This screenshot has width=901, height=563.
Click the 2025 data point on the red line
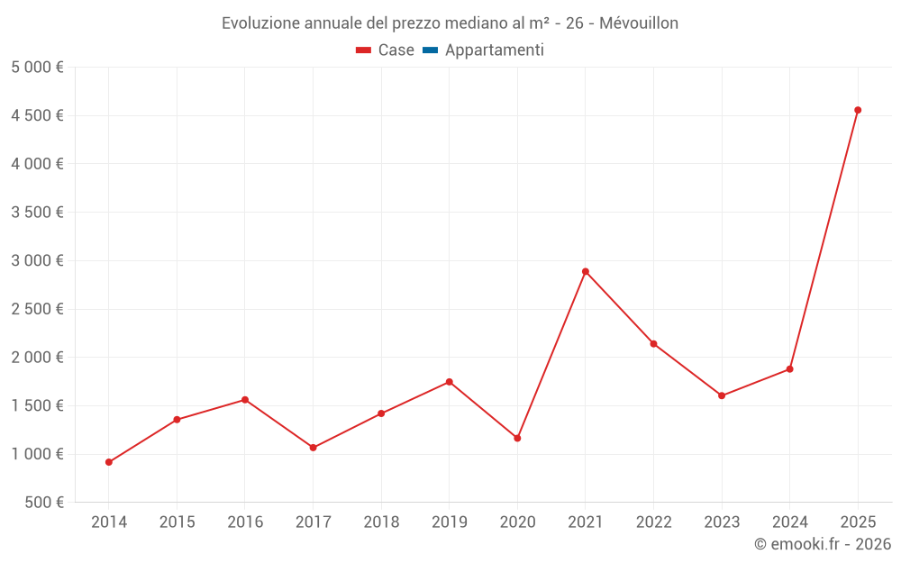(x=858, y=110)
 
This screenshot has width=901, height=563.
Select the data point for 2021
(x=586, y=271)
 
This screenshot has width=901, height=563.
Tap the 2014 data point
(x=109, y=462)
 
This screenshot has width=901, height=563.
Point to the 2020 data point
(x=517, y=438)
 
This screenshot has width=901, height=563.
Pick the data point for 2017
(x=313, y=448)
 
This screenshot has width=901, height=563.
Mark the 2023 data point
(x=722, y=395)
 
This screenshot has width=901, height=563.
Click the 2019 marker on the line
(x=449, y=382)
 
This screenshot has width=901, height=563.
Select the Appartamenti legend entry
(x=494, y=50)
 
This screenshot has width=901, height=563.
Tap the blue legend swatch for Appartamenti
(x=430, y=50)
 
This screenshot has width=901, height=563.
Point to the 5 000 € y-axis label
(x=37, y=68)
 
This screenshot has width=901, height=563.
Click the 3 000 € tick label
(x=37, y=260)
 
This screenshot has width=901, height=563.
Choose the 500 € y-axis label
(x=43, y=503)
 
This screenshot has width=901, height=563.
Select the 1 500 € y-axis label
(x=37, y=405)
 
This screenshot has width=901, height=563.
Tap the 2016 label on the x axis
(x=245, y=522)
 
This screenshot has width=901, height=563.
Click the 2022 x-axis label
(x=653, y=522)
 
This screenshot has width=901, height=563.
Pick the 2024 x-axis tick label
(x=789, y=522)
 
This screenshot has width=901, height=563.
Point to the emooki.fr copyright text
(x=823, y=544)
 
